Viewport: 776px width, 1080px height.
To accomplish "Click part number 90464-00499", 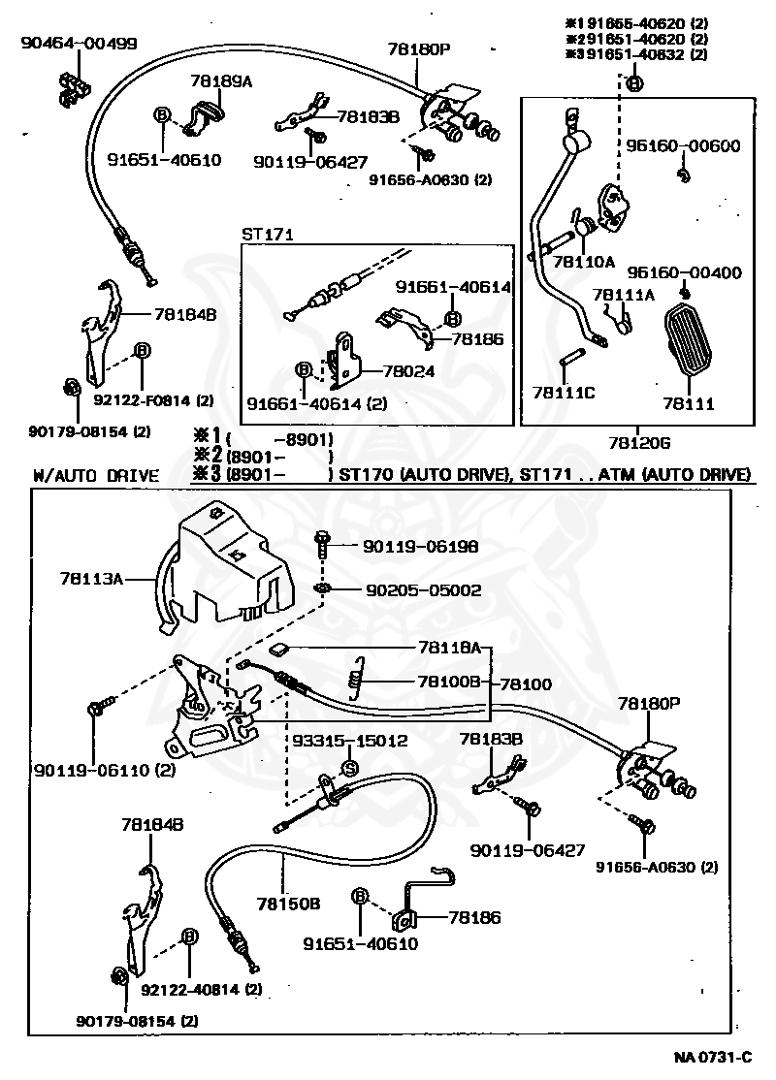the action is (79, 43).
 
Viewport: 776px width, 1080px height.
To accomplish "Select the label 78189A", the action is (222, 81).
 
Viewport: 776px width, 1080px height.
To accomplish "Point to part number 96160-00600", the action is (683, 145).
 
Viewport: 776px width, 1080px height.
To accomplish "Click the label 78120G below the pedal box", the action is (639, 443).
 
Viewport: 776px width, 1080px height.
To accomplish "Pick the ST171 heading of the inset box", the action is (268, 235).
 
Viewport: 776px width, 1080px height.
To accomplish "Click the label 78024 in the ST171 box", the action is (408, 371).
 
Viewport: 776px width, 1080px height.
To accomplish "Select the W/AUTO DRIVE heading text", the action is (96, 475).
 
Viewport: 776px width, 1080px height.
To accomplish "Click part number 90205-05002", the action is (423, 589).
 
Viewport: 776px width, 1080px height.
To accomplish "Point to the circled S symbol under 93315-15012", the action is (349, 769).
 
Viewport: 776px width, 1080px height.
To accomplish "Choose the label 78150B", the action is (289, 903).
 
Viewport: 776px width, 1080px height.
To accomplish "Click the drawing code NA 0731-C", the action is (713, 1057).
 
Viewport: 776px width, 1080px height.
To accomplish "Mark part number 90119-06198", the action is (420, 546).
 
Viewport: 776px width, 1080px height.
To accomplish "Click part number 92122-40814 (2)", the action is (201, 989).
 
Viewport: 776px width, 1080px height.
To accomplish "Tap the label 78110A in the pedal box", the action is (584, 261).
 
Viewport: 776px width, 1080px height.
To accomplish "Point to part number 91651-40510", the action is (164, 160).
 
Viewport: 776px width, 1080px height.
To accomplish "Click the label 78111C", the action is (564, 393).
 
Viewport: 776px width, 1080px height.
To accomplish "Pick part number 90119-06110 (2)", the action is (105, 770).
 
